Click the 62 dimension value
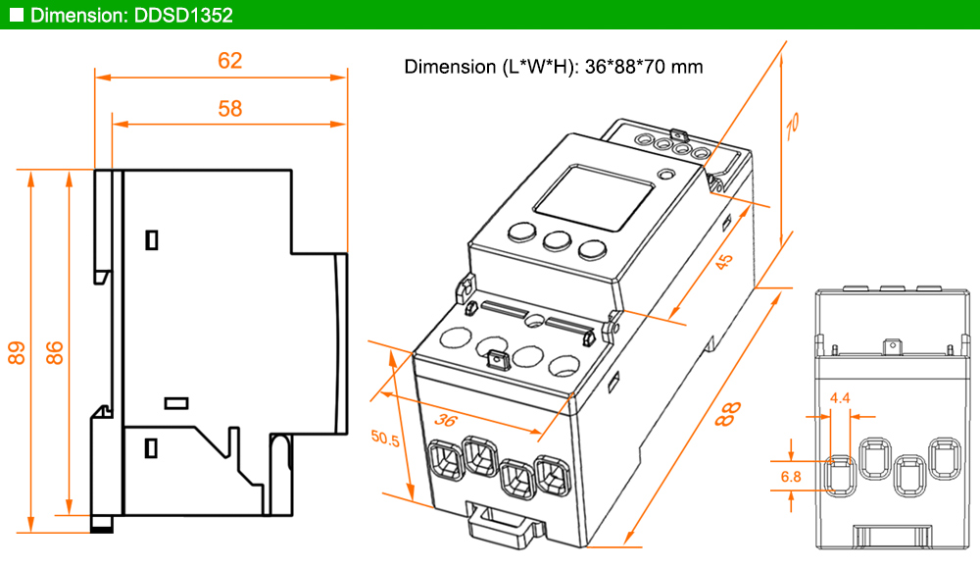pos(229,61)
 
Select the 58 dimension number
pos(230,109)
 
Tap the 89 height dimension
pos(17,352)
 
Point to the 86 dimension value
pos(55,352)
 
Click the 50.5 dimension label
pos(385,439)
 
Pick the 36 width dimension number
pos(445,420)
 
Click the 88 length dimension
pos(727,414)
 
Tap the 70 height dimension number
pos(792,127)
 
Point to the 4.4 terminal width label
pos(840,398)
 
